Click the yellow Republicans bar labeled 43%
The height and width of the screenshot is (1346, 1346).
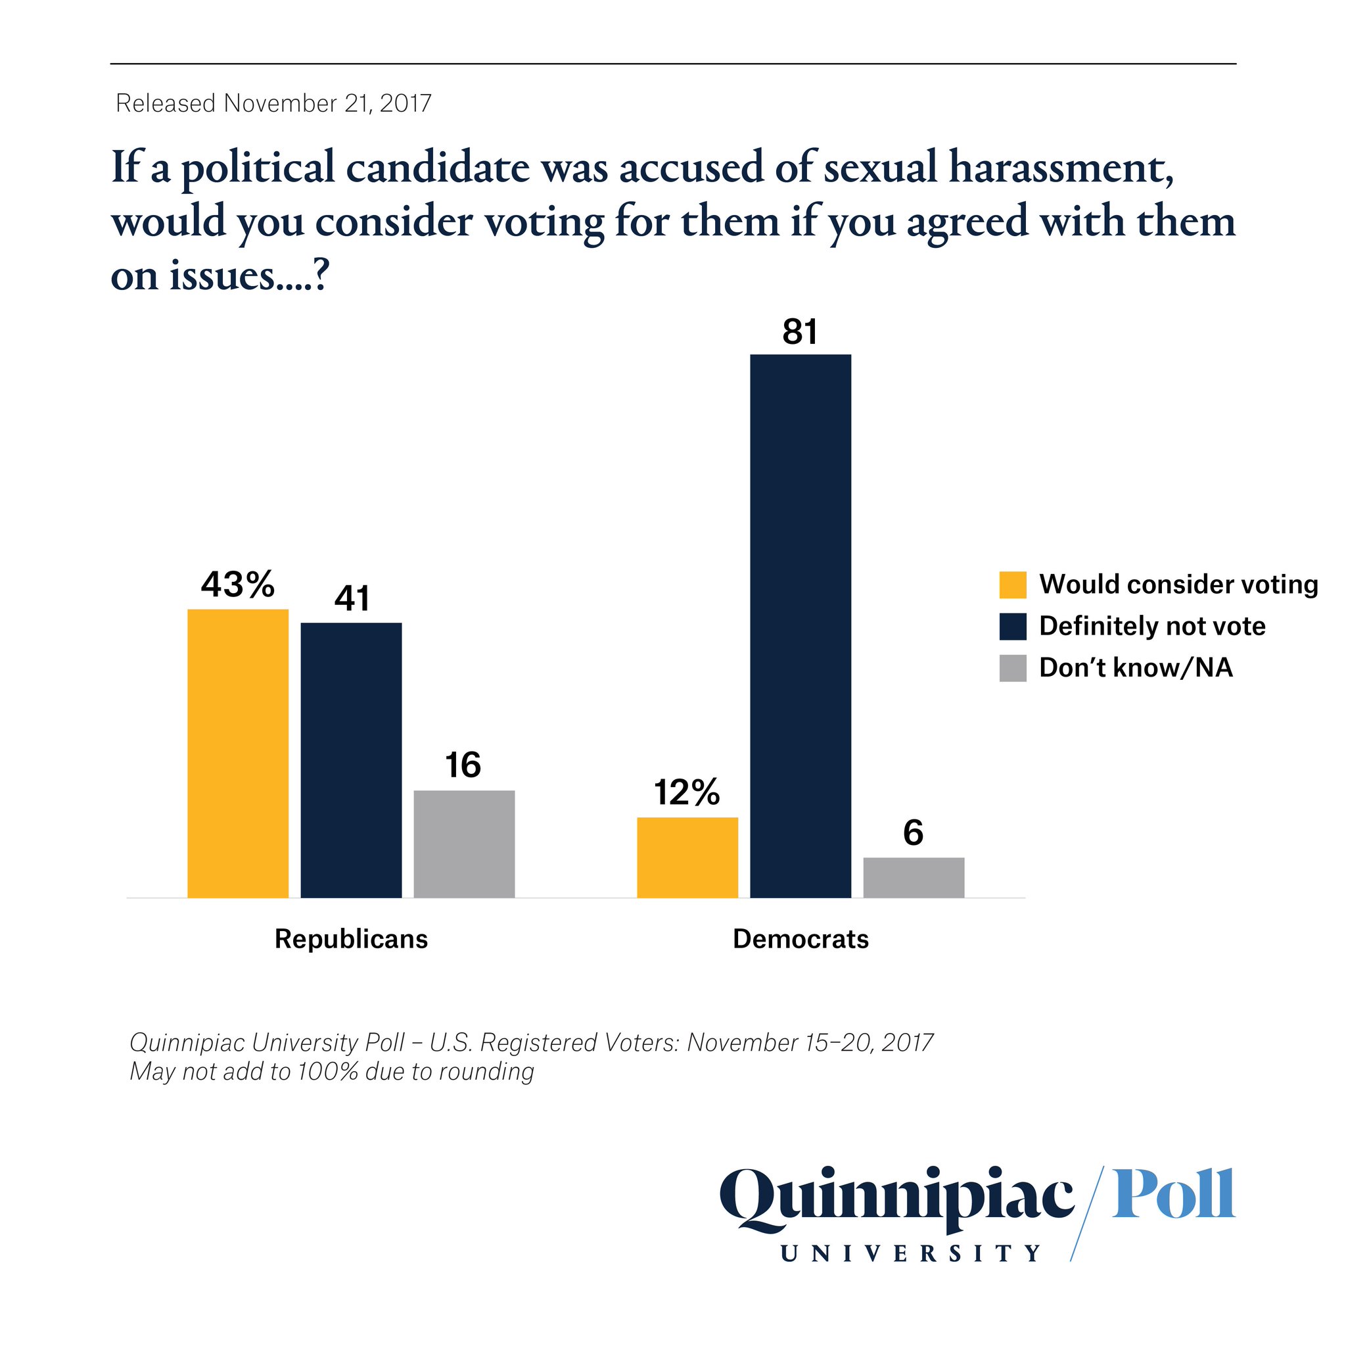pyautogui.click(x=237, y=753)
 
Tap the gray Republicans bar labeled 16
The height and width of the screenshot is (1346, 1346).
pyautogui.click(x=464, y=844)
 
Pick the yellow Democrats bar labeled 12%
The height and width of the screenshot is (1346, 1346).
pyautogui.click(x=687, y=857)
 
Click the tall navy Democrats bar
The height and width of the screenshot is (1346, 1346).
pyautogui.click(x=801, y=626)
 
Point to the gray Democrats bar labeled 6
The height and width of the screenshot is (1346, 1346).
pyautogui.click(x=914, y=878)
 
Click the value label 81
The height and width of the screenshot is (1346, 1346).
pyautogui.click(x=800, y=332)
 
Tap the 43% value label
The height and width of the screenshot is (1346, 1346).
pyautogui.click(x=237, y=584)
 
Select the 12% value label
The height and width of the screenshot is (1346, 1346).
pyautogui.click(x=687, y=792)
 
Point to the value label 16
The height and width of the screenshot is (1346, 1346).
pyautogui.click(x=463, y=765)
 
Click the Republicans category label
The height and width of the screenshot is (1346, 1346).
pyautogui.click(x=351, y=939)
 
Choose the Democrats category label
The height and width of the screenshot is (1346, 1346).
pyautogui.click(x=801, y=939)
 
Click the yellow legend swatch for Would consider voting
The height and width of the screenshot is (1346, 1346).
pyautogui.click(x=1012, y=585)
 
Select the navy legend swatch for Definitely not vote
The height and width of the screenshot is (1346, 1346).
pyautogui.click(x=1012, y=627)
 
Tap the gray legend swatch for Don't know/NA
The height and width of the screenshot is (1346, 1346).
pyautogui.click(x=1012, y=668)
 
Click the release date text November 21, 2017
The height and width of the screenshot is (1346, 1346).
pyautogui.click(x=327, y=103)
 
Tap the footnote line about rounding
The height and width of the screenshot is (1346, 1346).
pyautogui.click(x=332, y=1071)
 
